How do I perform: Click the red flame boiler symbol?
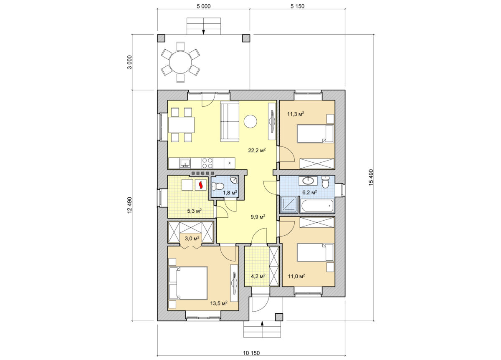[x=201, y=185]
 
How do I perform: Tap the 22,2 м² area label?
[x=257, y=150]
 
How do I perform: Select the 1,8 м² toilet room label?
[x=230, y=193]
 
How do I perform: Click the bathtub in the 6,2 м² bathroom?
[x=317, y=206]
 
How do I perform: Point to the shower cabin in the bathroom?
[x=288, y=204]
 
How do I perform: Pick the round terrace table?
[x=180, y=62]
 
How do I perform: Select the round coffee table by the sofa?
[x=250, y=121]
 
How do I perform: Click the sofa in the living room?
[x=230, y=121]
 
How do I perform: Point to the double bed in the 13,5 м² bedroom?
[x=188, y=283]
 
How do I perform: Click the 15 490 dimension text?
[x=371, y=177]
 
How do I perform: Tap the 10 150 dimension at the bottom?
[x=251, y=353]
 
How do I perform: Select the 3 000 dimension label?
[x=130, y=62]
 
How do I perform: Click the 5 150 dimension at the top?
[x=297, y=6]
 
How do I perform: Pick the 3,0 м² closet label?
[x=192, y=238]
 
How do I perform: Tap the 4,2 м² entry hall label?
[x=258, y=276]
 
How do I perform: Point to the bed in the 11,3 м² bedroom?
[x=315, y=133]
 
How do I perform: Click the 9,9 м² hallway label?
[x=258, y=217]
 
